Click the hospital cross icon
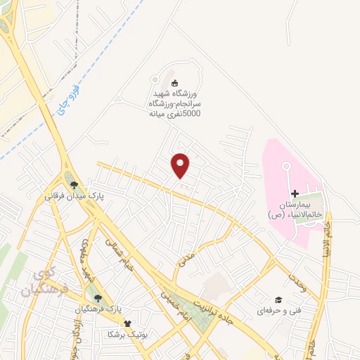(295, 193)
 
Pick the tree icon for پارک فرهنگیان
(98, 298)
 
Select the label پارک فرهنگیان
(98, 309)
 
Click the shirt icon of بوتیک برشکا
(127, 324)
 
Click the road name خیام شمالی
(123, 255)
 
